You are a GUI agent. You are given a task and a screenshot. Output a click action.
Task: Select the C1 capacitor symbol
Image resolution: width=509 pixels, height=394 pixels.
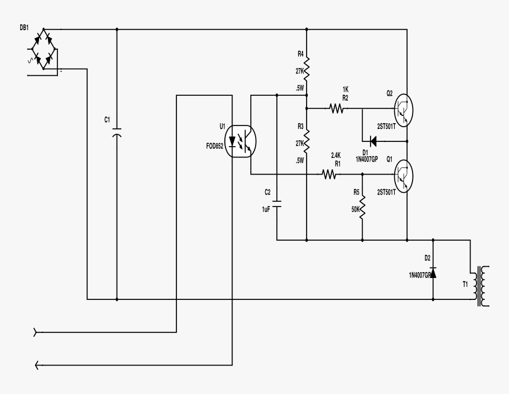pyautogui.click(x=117, y=131)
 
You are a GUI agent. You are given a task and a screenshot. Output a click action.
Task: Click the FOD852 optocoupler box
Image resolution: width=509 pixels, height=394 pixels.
pyautogui.click(x=241, y=140)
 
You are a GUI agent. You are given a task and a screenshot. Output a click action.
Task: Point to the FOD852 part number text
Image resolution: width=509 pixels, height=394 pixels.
pyautogui.click(x=214, y=146)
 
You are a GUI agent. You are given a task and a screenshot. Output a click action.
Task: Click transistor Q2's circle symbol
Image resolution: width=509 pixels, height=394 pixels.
pyautogui.click(x=403, y=109)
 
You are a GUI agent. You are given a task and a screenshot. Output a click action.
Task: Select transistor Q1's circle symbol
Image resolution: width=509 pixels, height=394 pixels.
pyautogui.click(x=403, y=175)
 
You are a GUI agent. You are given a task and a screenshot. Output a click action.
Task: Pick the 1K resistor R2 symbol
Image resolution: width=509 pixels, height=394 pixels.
pyautogui.click(x=337, y=109)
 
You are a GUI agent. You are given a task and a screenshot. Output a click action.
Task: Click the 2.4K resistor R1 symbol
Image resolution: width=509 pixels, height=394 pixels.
pyautogui.click(x=329, y=175)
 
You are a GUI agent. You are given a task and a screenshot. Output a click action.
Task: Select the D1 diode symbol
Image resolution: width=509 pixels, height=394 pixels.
pyautogui.click(x=372, y=141)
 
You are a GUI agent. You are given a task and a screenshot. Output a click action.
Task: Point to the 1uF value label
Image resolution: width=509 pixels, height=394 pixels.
pyautogui.click(x=266, y=210)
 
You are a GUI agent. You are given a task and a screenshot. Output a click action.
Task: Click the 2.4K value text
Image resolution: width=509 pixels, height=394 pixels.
pyautogui.click(x=336, y=155)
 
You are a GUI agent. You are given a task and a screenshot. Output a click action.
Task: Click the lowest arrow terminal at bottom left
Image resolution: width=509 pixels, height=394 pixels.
pyautogui.click(x=37, y=364)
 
